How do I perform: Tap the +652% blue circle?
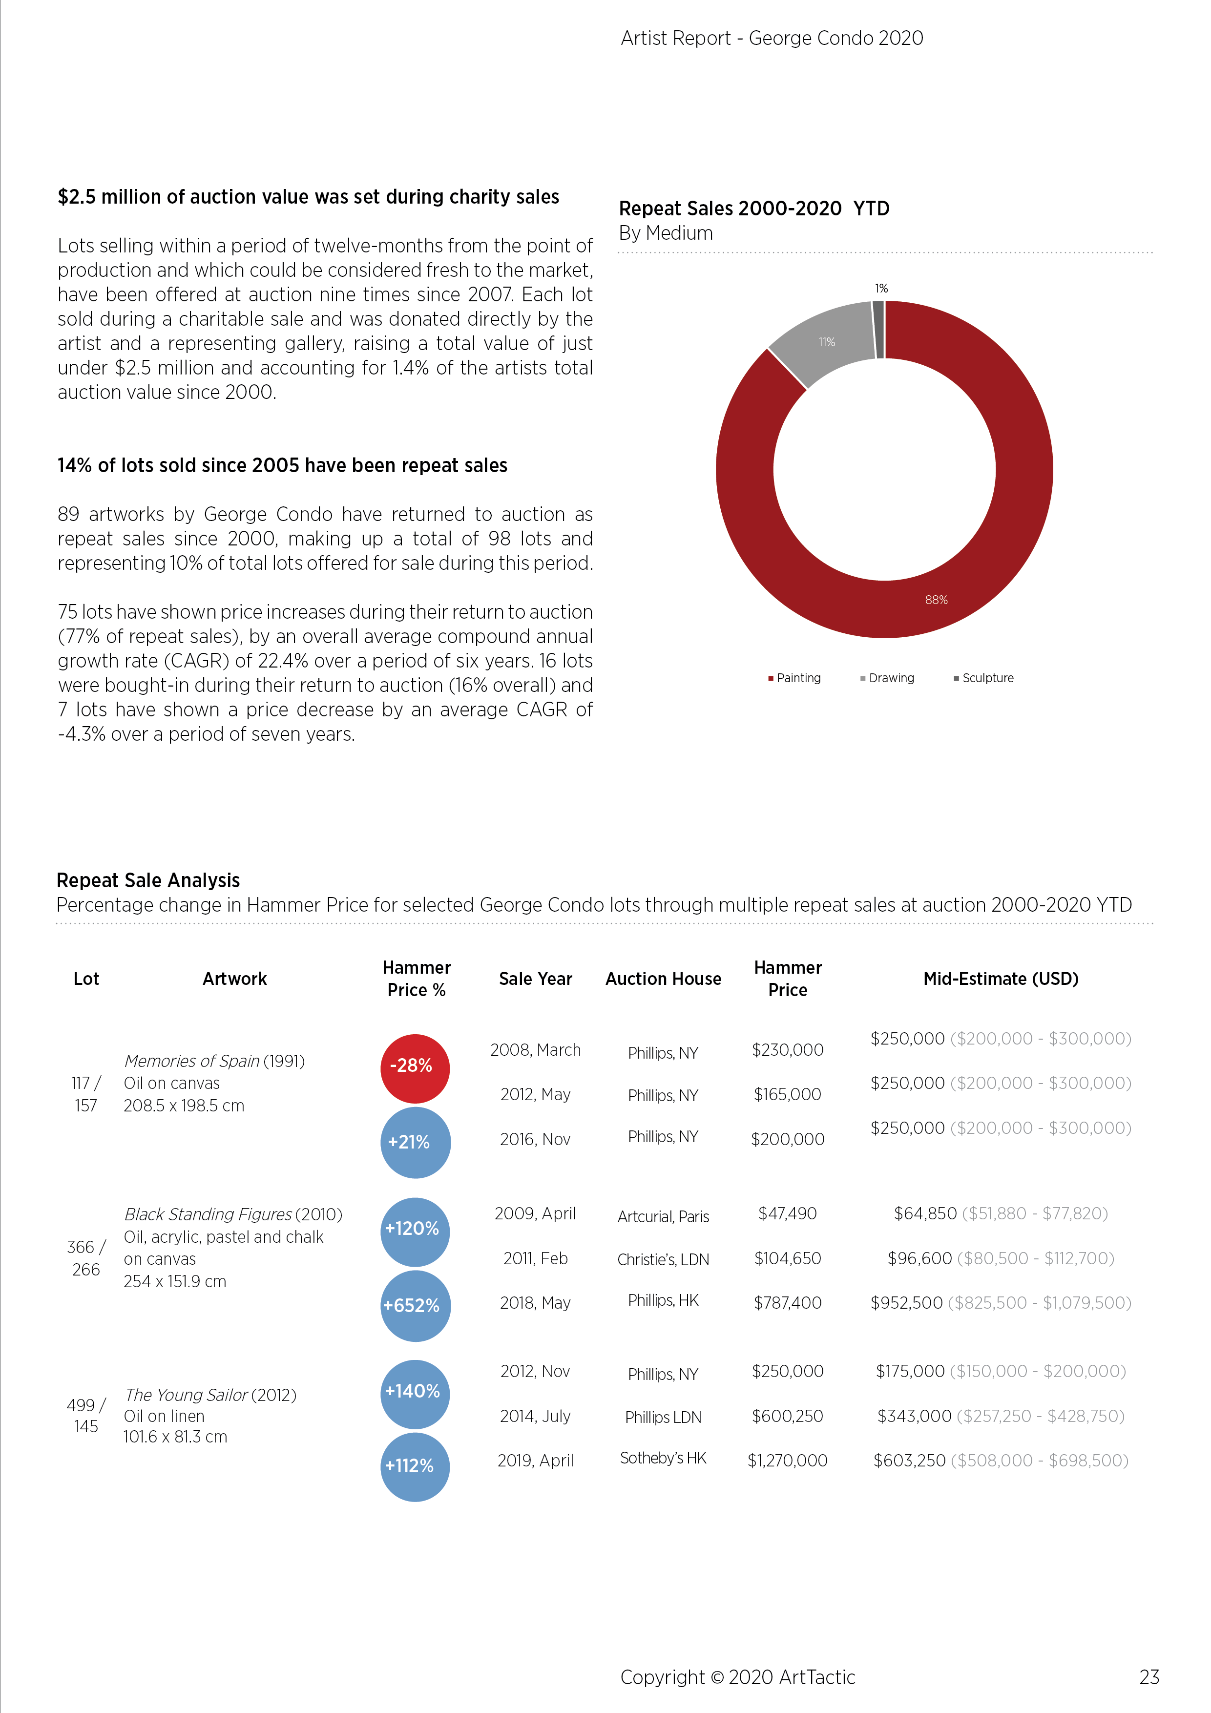click(416, 1306)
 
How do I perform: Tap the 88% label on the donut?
click(937, 600)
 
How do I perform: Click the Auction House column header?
click(663, 979)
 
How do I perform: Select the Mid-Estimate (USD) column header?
click(1001, 979)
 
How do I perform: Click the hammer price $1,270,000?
click(787, 1461)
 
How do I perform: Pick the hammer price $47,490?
click(787, 1214)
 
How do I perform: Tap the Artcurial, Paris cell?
click(663, 1217)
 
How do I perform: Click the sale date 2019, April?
click(536, 1461)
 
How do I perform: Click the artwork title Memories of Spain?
click(192, 1061)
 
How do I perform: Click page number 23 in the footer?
click(1149, 1677)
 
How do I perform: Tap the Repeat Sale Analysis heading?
click(148, 880)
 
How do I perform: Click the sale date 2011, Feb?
click(536, 1259)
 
